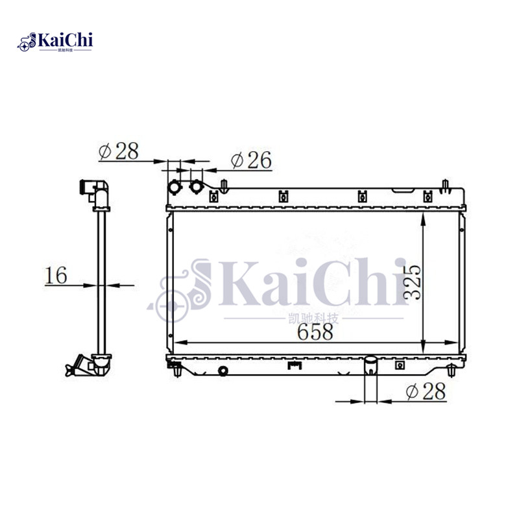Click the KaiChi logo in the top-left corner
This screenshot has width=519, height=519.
[x=57, y=42]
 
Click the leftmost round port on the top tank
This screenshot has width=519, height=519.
[x=176, y=187]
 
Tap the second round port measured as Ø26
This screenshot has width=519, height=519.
[x=195, y=187]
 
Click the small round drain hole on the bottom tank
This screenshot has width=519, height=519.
[x=223, y=371]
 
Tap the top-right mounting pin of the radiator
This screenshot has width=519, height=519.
[x=446, y=185]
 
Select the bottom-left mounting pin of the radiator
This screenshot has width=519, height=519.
[x=176, y=372]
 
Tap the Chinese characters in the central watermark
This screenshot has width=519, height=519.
[x=317, y=319]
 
